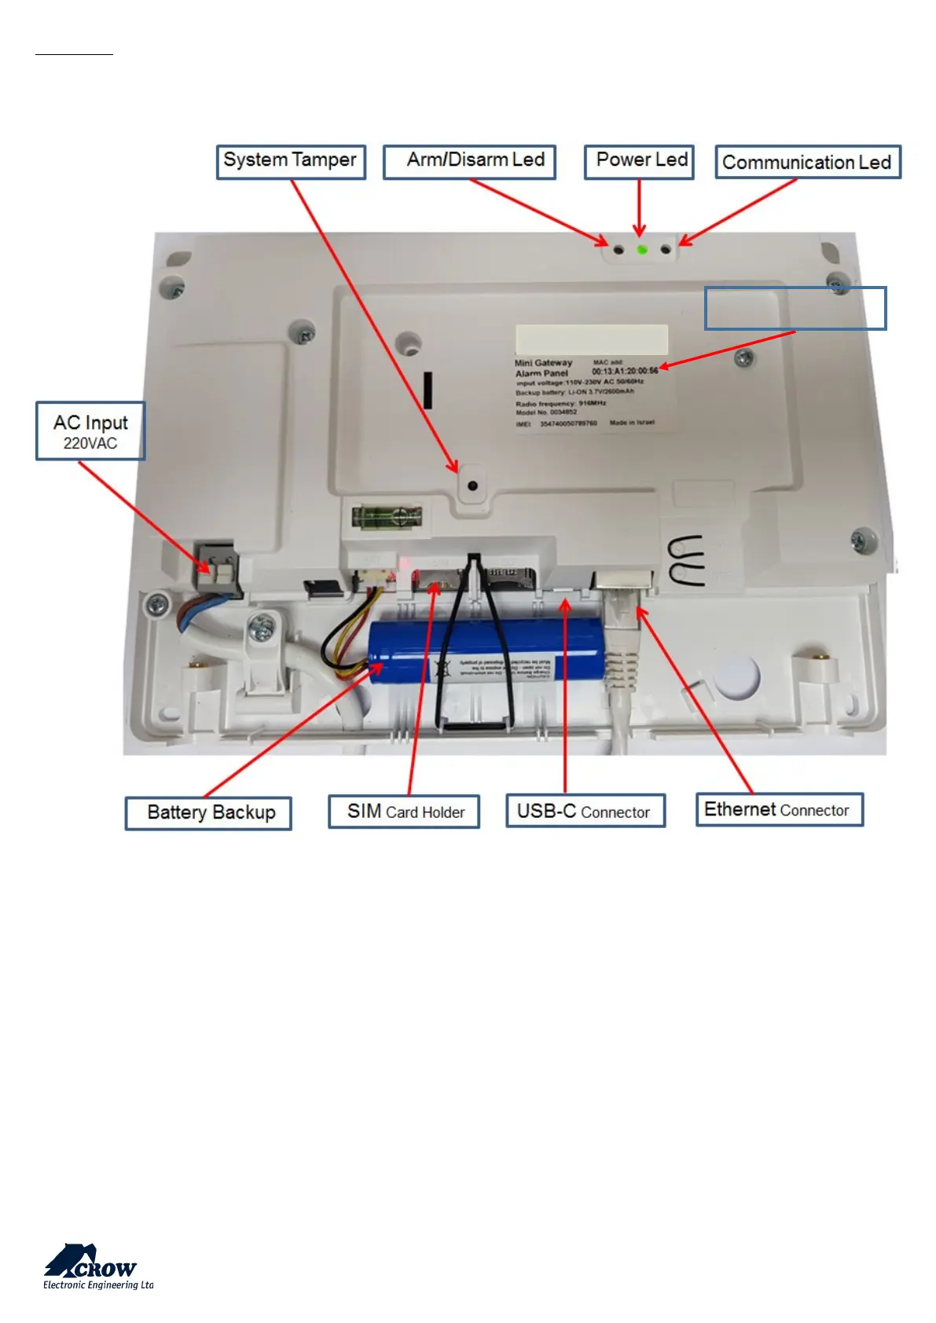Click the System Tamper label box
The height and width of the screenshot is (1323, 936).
pos(291,161)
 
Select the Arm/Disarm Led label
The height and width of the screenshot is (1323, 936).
pos(469,161)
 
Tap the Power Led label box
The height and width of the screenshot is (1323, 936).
pos(639,161)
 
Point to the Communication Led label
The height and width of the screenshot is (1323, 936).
pos(807,162)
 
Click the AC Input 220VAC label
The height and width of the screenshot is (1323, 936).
pos(90,431)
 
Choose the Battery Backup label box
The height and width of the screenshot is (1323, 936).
pos(208,812)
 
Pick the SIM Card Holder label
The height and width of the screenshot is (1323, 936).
pos(404,812)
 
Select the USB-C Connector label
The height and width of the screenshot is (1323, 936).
pos(585,812)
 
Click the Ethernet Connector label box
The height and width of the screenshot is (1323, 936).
pos(779,810)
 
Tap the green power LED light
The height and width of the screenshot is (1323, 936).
pos(642,250)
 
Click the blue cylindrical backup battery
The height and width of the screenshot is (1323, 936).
pos(487,652)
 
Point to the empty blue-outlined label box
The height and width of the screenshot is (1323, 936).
pos(795,308)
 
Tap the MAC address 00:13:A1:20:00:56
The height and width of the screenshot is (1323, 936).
pos(625,371)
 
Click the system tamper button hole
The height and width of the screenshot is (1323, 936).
pos(472,486)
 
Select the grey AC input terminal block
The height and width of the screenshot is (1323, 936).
pos(216,567)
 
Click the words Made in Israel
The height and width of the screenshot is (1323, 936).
pos(631,423)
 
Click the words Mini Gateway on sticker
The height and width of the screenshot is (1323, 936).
pos(543,363)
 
